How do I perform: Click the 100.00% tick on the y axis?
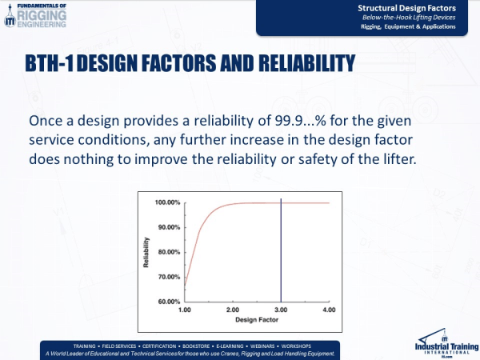167,202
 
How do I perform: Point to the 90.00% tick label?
169,227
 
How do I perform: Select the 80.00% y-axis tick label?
169,252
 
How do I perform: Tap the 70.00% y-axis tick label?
169,277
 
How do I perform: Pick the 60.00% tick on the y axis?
169,302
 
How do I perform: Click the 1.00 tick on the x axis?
185,309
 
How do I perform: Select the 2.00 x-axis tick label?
232,309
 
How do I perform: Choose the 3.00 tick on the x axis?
280,309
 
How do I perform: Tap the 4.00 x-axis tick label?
328,309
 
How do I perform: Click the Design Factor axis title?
256,319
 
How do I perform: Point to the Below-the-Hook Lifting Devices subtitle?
413,17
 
